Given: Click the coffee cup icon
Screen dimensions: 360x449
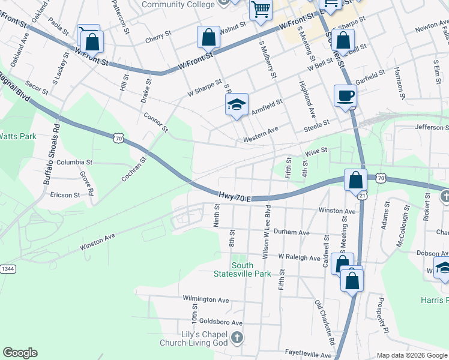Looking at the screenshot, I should click(345, 95).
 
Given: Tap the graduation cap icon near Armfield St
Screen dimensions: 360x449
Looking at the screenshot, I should click(237, 105).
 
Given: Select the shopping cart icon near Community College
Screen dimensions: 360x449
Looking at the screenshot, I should click(261, 10).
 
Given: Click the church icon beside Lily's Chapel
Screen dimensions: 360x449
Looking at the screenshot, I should click(237, 337).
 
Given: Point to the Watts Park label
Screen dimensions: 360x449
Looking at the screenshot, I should click(17, 136).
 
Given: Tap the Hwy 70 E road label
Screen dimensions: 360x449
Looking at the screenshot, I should click(234, 196).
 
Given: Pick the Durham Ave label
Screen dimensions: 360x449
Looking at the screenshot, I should click(292, 232).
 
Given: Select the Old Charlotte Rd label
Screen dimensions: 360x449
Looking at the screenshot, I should click(324, 321).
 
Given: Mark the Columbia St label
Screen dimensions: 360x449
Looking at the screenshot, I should click(75, 162).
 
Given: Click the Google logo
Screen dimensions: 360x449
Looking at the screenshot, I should click(20, 353).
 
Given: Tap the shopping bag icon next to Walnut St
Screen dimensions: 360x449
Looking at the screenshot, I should click(208, 37).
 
